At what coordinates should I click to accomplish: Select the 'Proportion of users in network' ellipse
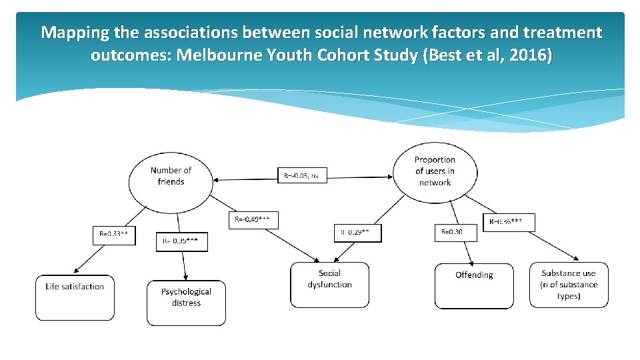click(x=435, y=171)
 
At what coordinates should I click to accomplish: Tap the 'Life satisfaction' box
click(x=75, y=297)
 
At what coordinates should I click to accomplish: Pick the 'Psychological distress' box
click(x=186, y=303)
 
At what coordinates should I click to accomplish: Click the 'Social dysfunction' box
click(x=329, y=285)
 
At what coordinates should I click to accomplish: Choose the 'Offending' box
click(x=474, y=286)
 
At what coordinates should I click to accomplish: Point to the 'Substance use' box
click(x=569, y=285)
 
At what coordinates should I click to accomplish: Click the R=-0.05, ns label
click(x=302, y=176)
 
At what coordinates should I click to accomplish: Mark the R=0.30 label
click(x=457, y=232)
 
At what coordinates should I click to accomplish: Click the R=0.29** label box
click(x=358, y=232)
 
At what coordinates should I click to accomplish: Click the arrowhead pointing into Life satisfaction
click(x=76, y=271)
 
